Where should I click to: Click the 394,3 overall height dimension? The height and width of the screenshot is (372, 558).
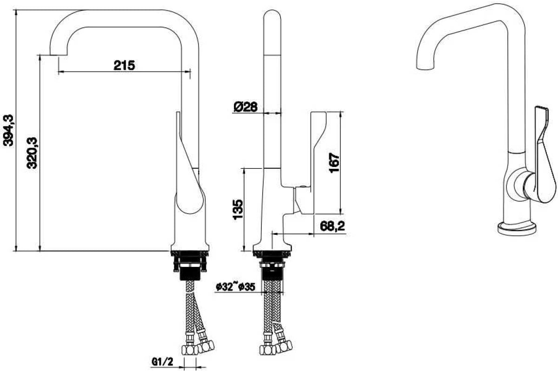tap(8, 130)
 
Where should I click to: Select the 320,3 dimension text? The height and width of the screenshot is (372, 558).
tap(32, 153)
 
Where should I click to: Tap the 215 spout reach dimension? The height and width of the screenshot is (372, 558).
tap(124, 66)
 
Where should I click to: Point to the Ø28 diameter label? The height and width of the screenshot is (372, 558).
tap(246, 107)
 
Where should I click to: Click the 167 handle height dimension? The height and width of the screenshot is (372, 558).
tap(334, 163)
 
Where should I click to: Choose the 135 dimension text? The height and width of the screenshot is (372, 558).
tap(238, 209)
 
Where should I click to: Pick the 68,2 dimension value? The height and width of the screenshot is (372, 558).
tap(332, 226)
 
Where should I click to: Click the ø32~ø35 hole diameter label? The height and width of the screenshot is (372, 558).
tap(235, 287)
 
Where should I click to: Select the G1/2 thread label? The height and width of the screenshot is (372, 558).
tap(162, 361)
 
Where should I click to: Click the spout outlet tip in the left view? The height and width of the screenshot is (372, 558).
tap(59, 54)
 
